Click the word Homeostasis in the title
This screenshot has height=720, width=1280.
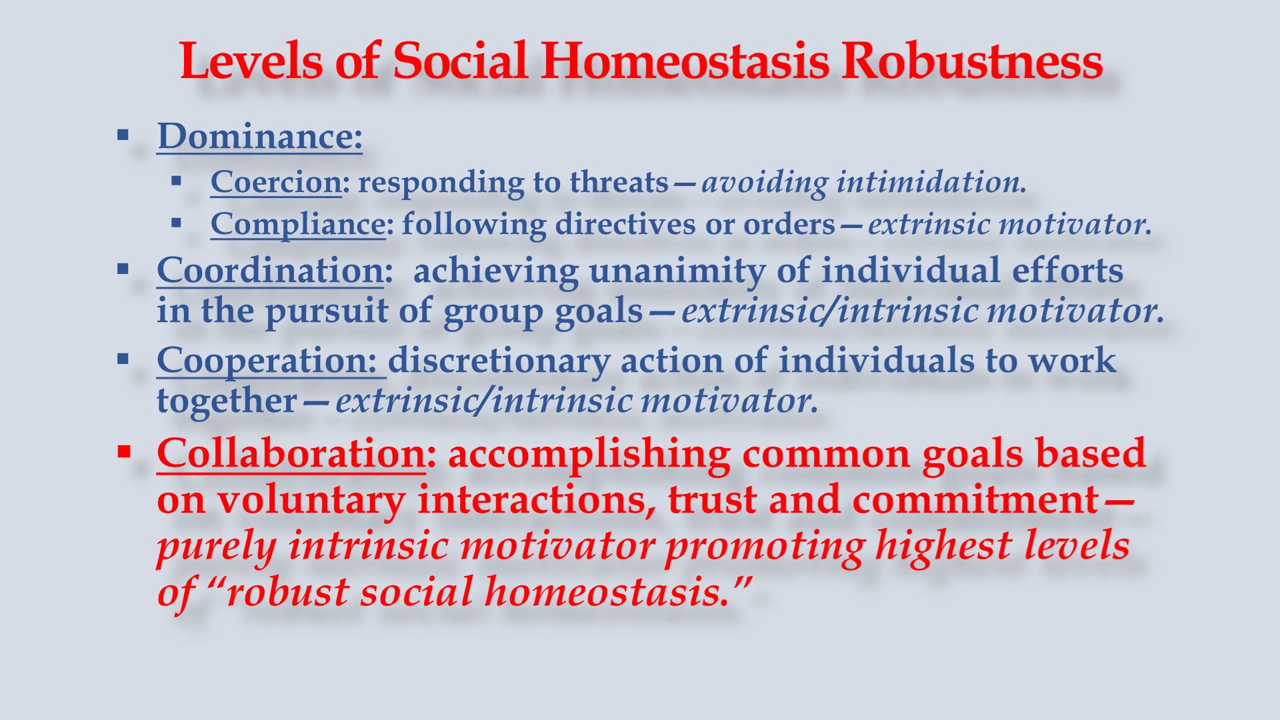(685, 61)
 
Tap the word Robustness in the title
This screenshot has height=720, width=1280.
(972, 61)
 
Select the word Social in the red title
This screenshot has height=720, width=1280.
(461, 61)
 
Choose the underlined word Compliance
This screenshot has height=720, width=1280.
(298, 225)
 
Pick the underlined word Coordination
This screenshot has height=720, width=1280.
(271, 271)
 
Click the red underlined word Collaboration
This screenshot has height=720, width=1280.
(291, 453)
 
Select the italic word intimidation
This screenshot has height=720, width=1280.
(931, 181)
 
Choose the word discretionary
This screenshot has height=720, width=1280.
(499, 361)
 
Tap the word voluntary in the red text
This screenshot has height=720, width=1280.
(311, 501)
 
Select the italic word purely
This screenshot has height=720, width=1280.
(216, 546)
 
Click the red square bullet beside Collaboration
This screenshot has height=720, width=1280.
(123, 451)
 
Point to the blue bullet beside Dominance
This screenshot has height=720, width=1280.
(123, 135)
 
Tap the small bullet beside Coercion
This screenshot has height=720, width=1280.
(176, 181)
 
